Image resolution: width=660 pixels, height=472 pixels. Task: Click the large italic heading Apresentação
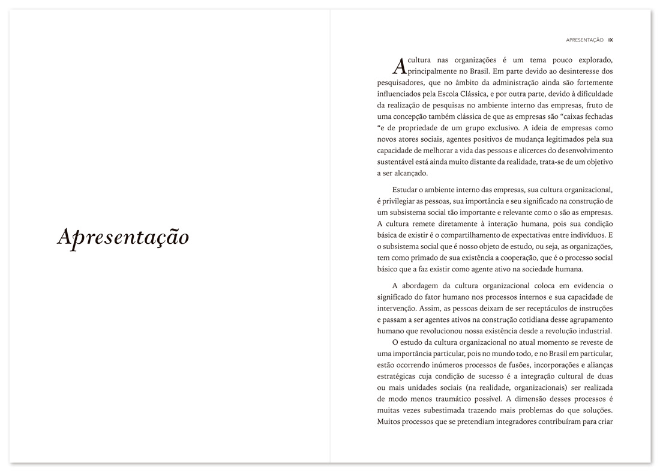[123, 237]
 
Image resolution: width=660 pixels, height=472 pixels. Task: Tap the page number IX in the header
[610, 40]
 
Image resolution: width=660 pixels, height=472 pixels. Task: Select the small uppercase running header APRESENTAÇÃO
[584, 40]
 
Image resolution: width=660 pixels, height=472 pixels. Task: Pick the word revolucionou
[436, 331]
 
